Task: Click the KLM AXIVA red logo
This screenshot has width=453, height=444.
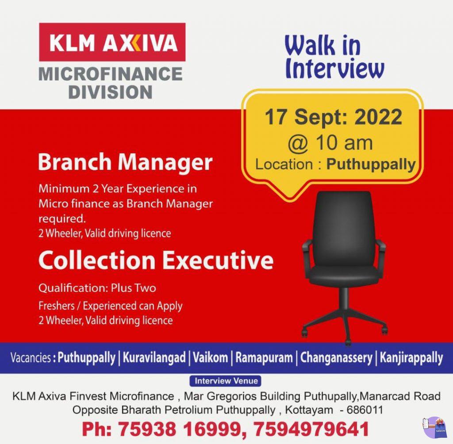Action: pos(112,42)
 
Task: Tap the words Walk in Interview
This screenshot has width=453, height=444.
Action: pos(334,58)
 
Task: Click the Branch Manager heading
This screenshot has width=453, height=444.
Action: pos(125,162)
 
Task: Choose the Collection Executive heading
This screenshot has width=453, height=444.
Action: pos(156,260)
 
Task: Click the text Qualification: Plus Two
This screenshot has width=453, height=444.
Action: pos(97,288)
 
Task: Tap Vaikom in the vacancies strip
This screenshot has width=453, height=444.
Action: pos(210,358)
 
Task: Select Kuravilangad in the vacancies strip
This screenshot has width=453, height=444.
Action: pos(154,358)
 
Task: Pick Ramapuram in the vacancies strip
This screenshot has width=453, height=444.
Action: pos(264,358)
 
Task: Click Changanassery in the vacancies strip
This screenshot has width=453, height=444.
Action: pos(336,358)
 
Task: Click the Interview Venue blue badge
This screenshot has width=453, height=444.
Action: pos(226,381)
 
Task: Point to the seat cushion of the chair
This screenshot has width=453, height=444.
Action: pos(343,275)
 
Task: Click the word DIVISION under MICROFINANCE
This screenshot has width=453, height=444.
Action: pos(111,92)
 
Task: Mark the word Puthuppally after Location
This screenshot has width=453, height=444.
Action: pos(371,165)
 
